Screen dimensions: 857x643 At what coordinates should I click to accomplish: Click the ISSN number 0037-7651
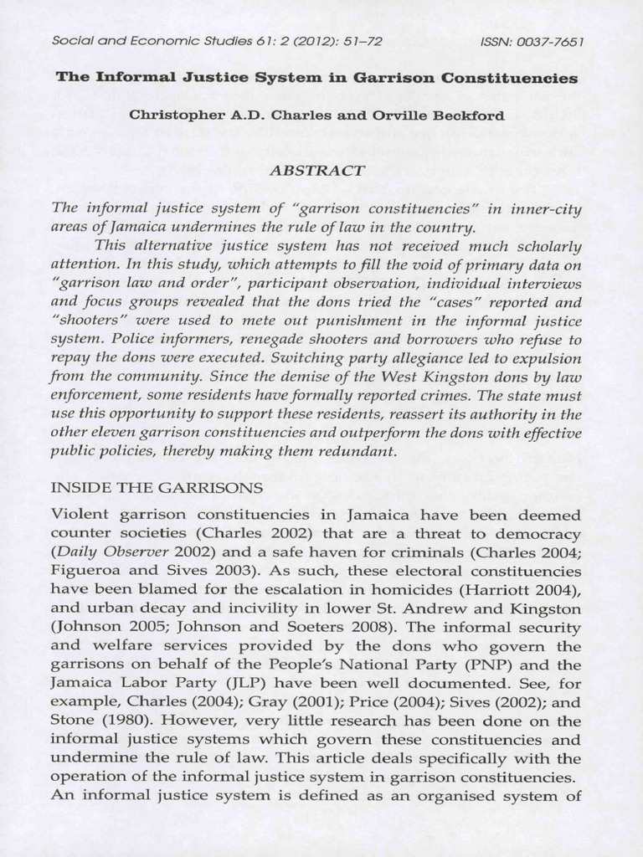[x=554, y=40]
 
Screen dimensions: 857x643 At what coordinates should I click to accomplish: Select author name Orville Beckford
[x=450, y=115]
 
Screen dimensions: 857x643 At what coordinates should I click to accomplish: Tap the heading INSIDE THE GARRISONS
[x=157, y=487]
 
